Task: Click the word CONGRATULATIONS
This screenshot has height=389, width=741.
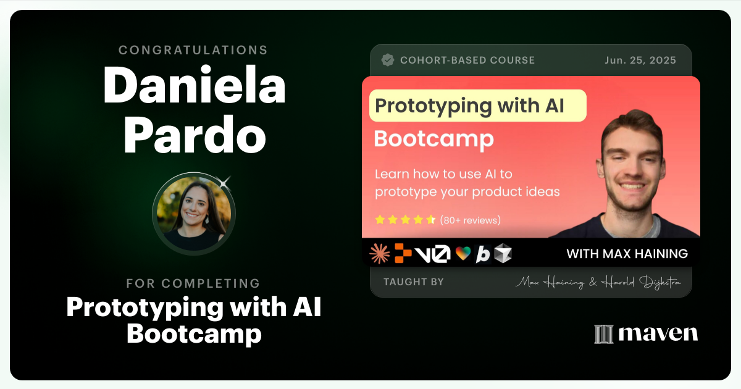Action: point(193,50)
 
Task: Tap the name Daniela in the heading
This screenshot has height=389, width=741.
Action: point(194,85)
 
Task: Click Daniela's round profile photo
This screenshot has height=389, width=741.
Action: point(193,213)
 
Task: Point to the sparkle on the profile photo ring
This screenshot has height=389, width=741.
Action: point(225,182)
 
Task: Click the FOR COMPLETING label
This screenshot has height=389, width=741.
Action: point(193,283)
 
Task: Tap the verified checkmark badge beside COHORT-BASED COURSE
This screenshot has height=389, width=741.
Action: point(388,60)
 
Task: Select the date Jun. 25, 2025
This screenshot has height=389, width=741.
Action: point(640,61)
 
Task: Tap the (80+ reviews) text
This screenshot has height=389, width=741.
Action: point(471,220)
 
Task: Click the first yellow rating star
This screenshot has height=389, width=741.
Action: point(380,220)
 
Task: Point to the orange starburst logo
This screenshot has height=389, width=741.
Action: point(379,253)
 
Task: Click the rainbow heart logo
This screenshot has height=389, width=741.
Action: point(463,254)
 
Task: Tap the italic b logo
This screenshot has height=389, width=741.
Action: point(483,254)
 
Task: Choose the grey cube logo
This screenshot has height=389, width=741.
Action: point(503,253)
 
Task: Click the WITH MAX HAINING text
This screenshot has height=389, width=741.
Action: point(627,254)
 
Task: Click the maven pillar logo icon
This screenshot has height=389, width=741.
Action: point(603,334)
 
